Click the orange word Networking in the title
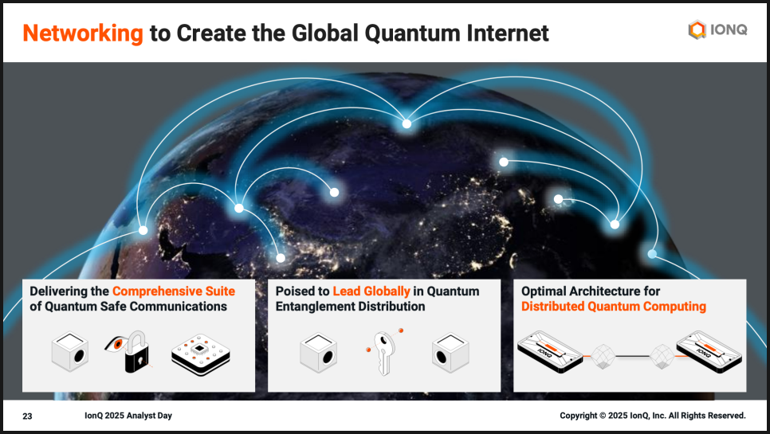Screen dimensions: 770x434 pyautogui.click(x=83, y=33)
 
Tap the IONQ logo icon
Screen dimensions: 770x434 pyautogui.click(x=697, y=30)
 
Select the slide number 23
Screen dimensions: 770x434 pyautogui.click(x=27, y=416)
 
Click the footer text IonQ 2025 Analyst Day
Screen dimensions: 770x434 pyautogui.click(x=128, y=416)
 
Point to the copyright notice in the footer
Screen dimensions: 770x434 pyautogui.click(x=653, y=416)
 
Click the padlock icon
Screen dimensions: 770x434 pyautogui.click(x=136, y=352)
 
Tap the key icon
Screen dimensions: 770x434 pyautogui.click(x=383, y=353)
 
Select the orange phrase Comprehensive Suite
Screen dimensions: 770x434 pyautogui.click(x=174, y=291)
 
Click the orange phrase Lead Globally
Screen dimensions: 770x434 pyautogui.click(x=371, y=291)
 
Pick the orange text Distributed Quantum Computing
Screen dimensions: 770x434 pyautogui.click(x=614, y=307)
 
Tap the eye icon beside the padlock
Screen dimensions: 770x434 pyautogui.click(x=114, y=344)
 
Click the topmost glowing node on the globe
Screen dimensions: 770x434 pyautogui.click(x=407, y=124)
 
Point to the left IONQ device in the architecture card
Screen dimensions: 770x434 pyautogui.click(x=550, y=352)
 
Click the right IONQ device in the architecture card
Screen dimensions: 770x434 pyautogui.click(x=709, y=352)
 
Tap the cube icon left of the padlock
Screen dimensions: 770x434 pyautogui.click(x=70, y=352)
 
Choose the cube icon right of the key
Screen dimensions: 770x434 pyautogui.click(x=450, y=353)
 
